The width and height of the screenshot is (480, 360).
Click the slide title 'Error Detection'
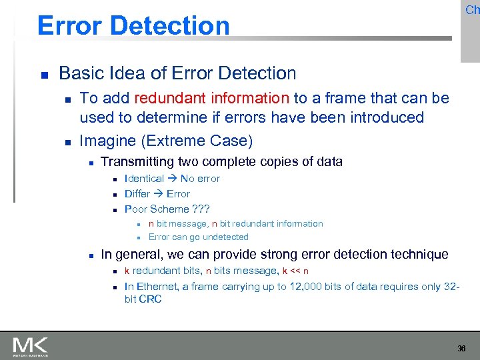tap(133, 25)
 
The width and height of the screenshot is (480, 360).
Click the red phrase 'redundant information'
tap(211, 99)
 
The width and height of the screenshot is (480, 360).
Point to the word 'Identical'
tap(144, 179)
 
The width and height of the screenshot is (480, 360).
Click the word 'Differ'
tap(137, 194)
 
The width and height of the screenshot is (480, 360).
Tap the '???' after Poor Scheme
tap(201, 209)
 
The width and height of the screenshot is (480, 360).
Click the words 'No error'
tap(200, 179)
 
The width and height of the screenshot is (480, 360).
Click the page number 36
tap(462, 349)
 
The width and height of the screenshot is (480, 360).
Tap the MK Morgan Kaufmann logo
tap(30, 346)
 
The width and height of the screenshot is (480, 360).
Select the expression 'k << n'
tap(295, 271)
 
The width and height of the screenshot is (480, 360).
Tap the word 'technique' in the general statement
tap(418, 254)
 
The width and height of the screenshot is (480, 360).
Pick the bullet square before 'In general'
tap(89, 255)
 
